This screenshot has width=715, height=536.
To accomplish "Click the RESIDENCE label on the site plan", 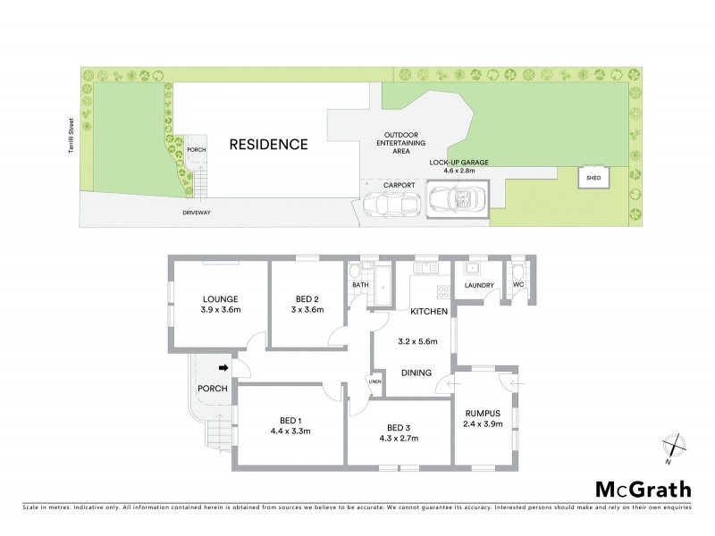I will (268, 144).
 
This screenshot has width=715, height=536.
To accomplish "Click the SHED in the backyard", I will (593, 178).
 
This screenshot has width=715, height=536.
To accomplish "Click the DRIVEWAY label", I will (197, 213).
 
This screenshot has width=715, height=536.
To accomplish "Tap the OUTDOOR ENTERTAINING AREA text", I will (400, 144).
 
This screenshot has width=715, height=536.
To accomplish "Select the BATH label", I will (360, 285).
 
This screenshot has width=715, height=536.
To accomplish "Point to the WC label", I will (517, 286).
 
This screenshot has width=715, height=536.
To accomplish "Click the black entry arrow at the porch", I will (222, 367).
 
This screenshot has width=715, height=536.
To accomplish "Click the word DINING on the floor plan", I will (416, 373).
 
